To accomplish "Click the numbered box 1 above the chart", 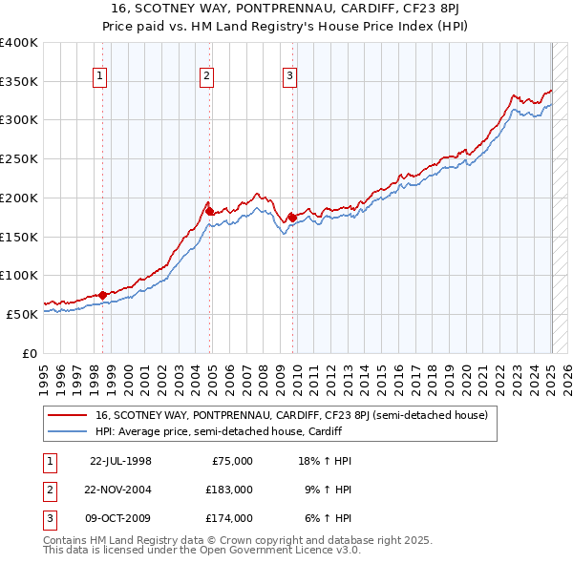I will click(x=99, y=78).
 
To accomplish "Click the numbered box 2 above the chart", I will click(x=207, y=78).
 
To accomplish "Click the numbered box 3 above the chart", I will click(x=289, y=78).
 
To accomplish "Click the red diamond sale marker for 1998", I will click(x=102, y=295).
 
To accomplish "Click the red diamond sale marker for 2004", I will click(x=210, y=211).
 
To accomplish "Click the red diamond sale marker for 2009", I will click(x=292, y=218).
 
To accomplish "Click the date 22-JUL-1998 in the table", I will click(x=120, y=460).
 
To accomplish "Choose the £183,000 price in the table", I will click(x=229, y=489).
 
